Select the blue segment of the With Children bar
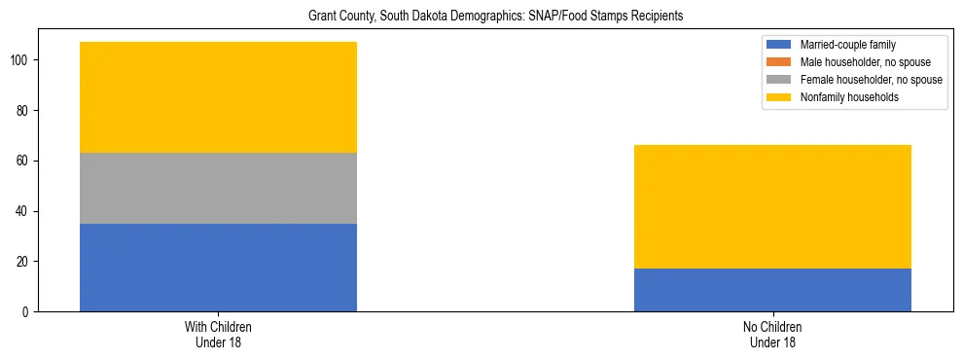(218, 268)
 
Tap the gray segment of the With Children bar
(218, 188)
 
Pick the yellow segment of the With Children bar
(218, 97)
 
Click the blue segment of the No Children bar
(772, 290)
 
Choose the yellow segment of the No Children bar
(772, 206)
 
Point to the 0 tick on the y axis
(27, 312)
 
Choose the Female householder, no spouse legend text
(871, 80)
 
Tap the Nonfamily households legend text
(848, 97)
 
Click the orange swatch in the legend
(779, 62)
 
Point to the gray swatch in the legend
(779, 80)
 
